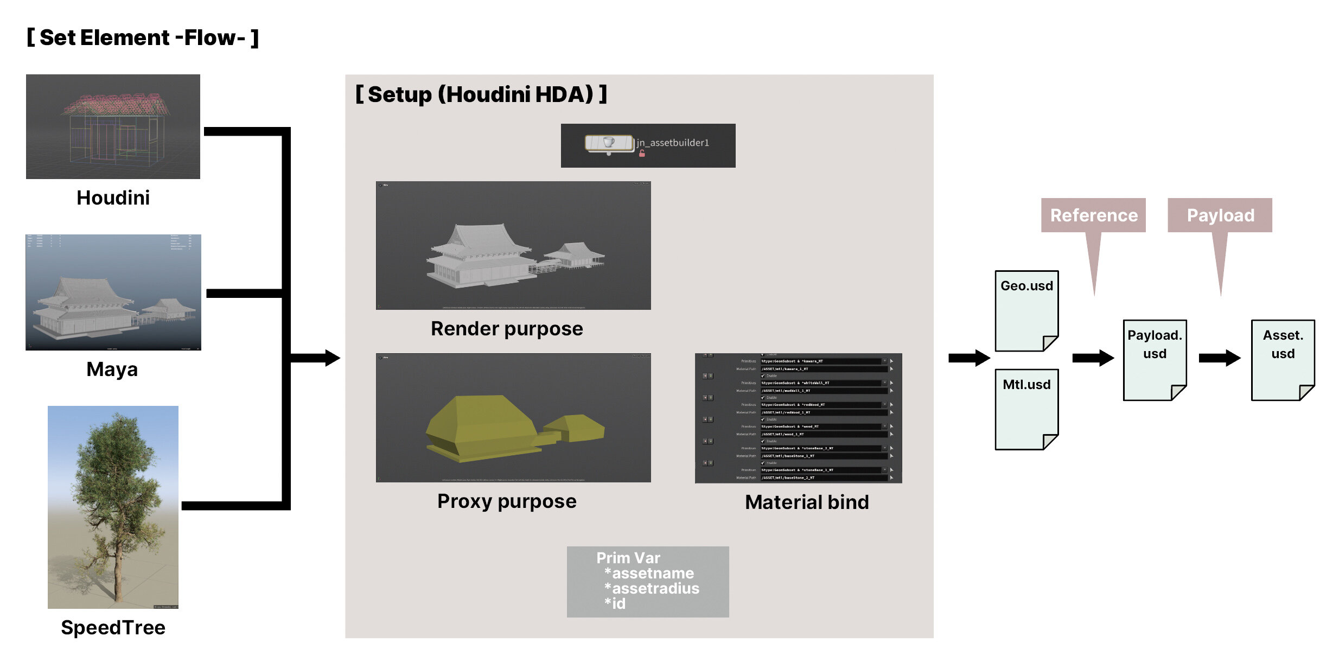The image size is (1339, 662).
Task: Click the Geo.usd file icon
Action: click(1026, 311)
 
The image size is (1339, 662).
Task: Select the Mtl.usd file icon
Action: click(1026, 409)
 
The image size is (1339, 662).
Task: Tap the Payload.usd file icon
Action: click(1154, 360)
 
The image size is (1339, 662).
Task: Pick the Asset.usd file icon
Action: click(1282, 360)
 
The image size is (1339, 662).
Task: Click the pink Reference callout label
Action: click(1093, 215)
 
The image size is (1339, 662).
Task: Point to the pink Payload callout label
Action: click(1220, 215)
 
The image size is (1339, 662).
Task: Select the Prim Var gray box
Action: click(647, 581)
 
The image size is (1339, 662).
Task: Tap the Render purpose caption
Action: click(507, 329)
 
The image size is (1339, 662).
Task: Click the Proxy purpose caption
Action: click(507, 501)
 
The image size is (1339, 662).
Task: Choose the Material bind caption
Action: click(807, 502)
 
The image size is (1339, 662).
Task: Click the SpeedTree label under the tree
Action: click(113, 628)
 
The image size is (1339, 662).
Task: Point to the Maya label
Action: click(112, 370)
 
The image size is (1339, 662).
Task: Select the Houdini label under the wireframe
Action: click(113, 198)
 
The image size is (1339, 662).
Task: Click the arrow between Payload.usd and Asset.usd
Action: click(1219, 358)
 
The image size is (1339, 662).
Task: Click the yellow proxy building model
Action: click(483, 429)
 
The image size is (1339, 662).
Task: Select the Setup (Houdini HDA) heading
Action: click(481, 94)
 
